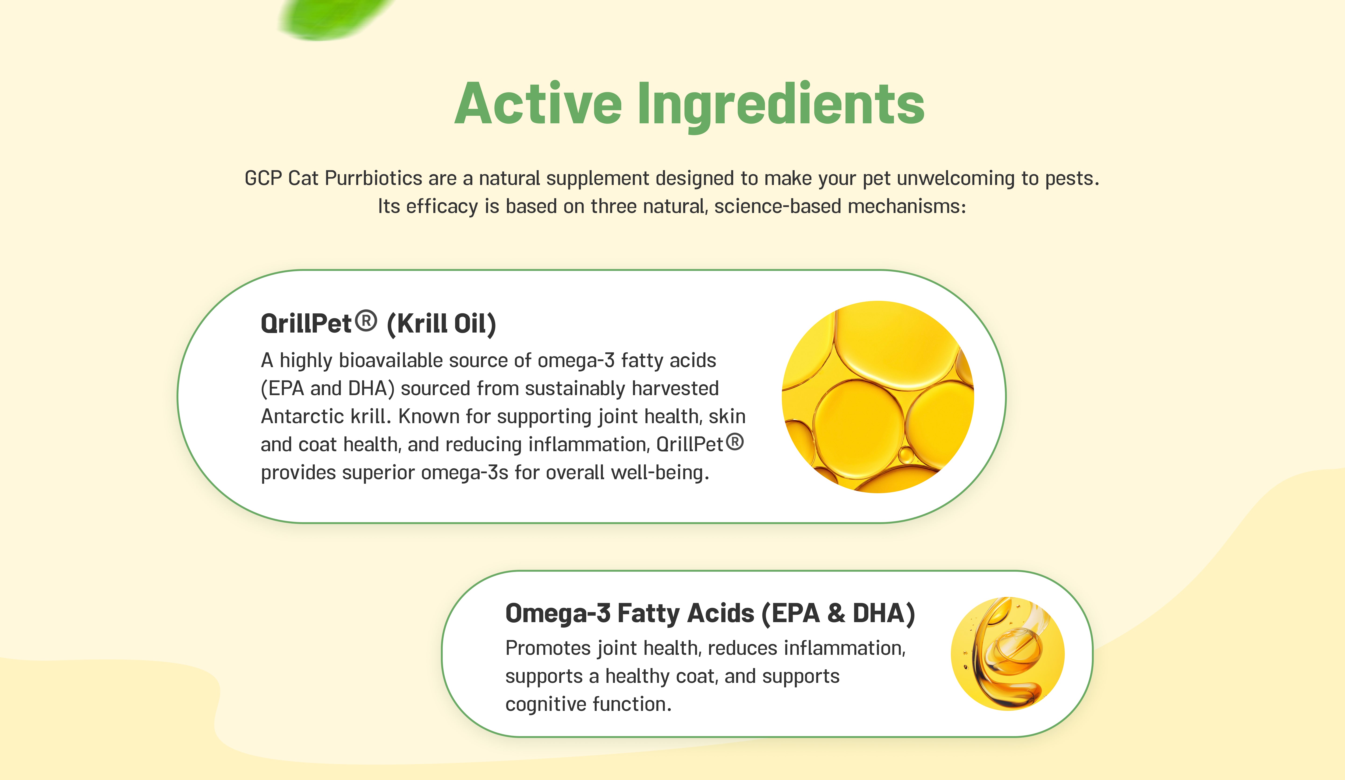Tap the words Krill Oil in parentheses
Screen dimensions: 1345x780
tap(441, 323)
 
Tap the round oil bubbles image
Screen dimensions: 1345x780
tap(878, 397)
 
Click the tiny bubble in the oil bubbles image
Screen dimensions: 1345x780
tap(906, 455)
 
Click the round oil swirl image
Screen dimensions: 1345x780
tap(1008, 653)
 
